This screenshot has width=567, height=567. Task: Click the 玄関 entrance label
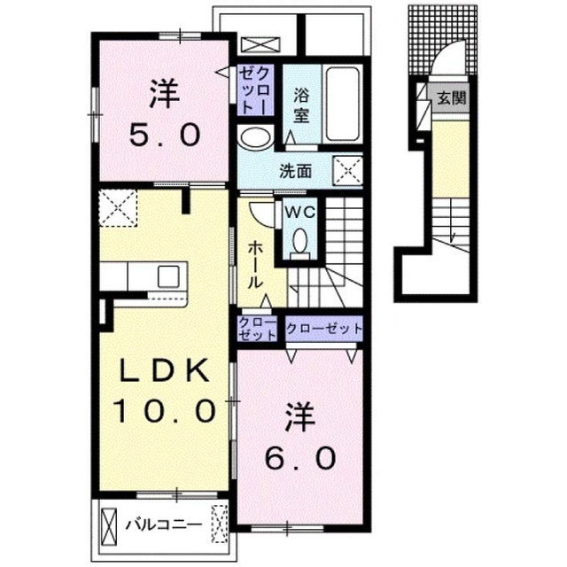pyautogui.click(x=452, y=97)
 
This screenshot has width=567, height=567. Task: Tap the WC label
pyautogui.click(x=299, y=213)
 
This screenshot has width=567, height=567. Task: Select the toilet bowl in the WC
pyautogui.click(x=299, y=243)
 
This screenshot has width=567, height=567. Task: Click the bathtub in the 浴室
pyautogui.click(x=343, y=105)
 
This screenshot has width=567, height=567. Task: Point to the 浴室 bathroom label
pyautogui.click(x=301, y=105)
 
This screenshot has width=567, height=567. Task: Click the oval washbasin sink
pyautogui.click(x=256, y=138)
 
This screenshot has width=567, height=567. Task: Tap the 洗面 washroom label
pyautogui.click(x=295, y=171)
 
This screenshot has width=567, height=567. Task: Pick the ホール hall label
pyautogui.click(x=255, y=265)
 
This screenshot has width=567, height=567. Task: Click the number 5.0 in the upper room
pyautogui.click(x=165, y=135)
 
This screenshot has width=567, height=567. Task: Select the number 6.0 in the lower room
pyautogui.click(x=300, y=458)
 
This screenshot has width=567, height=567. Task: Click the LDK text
pyautogui.click(x=165, y=370)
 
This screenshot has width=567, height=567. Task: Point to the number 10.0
pyautogui.click(x=165, y=411)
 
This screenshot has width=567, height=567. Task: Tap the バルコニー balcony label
pyautogui.click(x=164, y=525)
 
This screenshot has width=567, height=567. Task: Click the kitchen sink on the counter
pyautogui.click(x=168, y=276)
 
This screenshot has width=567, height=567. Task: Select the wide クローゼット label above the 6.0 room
pyautogui.click(x=324, y=329)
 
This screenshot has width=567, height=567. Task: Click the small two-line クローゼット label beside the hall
pyautogui.click(x=257, y=329)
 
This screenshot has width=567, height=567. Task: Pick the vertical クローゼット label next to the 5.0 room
pyautogui.click(x=255, y=90)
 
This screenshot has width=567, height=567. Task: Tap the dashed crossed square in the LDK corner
pyautogui.click(x=118, y=208)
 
